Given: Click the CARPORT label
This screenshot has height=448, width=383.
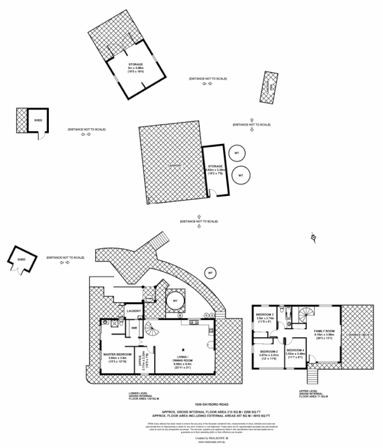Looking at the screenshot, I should (x=174, y=166).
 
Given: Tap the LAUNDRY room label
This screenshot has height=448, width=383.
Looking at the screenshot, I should (x=133, y=311).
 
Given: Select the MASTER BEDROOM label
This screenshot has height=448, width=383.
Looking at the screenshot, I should (x=117, y=354).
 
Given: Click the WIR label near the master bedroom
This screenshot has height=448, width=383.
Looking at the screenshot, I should (x=134, y=328).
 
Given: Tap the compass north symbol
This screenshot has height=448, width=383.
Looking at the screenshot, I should (x=313, y=239).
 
